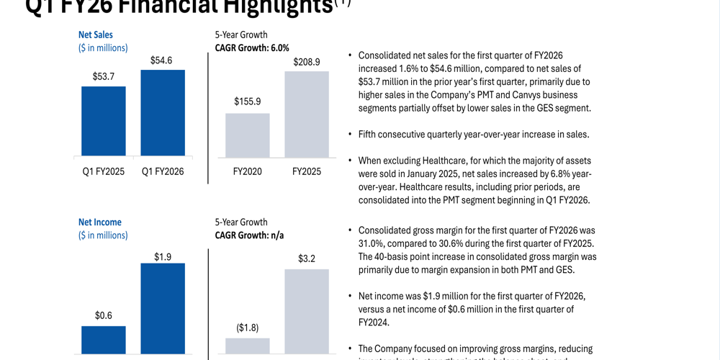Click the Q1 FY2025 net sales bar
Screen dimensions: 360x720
click(104, 121)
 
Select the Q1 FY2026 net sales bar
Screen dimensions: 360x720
click(163, 113)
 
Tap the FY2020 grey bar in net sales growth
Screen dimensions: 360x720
click(248, 135)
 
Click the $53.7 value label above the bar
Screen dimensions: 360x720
click(104, 76)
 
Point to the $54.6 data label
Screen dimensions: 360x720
click(162, 60)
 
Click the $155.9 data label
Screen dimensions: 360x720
click(248, 102)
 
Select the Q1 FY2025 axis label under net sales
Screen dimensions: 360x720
click(104, 172)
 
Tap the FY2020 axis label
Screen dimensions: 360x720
click(248, 172)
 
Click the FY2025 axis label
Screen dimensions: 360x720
click(307, 172)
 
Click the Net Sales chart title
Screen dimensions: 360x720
click(96, 35)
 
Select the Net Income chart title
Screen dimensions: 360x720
click(100, 222)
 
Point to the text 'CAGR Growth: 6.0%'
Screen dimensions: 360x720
click(252, 48)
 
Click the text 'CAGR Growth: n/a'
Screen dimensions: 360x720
click(251, 235)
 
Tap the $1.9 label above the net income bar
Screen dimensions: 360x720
click(163, 257)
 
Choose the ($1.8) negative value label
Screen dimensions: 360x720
click(248, 328)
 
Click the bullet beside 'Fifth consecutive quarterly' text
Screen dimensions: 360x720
click(349, 135)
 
